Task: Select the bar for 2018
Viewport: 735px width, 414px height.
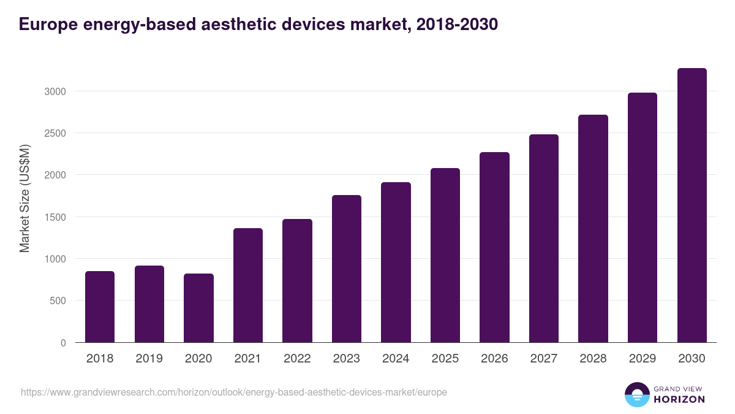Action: coord(100,307)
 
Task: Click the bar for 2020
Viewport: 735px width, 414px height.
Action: coord(198,308)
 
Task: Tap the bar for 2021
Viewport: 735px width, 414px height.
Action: coord(248,285)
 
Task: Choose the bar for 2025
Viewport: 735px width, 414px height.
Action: coord(445,255)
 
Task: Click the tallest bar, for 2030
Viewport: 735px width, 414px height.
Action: coord(692,205)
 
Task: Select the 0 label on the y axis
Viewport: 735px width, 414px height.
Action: coord(63,343)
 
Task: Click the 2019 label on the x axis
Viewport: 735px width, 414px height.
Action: coord(149,359)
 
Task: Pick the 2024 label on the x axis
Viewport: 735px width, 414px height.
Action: coord(396,359)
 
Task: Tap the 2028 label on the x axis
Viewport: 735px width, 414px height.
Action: coord(593,359)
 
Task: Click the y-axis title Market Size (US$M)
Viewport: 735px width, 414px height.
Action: coord(24,197)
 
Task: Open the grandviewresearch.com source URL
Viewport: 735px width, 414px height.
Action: coord(233,392)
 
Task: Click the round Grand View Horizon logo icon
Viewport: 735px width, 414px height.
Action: coord(637,394)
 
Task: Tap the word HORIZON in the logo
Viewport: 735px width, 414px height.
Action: coord(680,399)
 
